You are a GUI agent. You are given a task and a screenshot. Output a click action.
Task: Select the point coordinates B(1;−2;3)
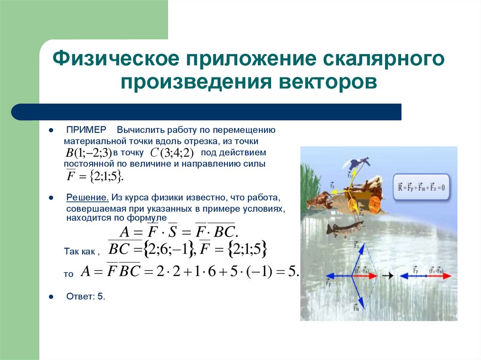[87, 153]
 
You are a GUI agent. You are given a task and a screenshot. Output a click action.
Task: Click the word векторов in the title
[329, 81]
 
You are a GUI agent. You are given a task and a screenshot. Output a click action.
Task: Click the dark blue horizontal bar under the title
[207, 112]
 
